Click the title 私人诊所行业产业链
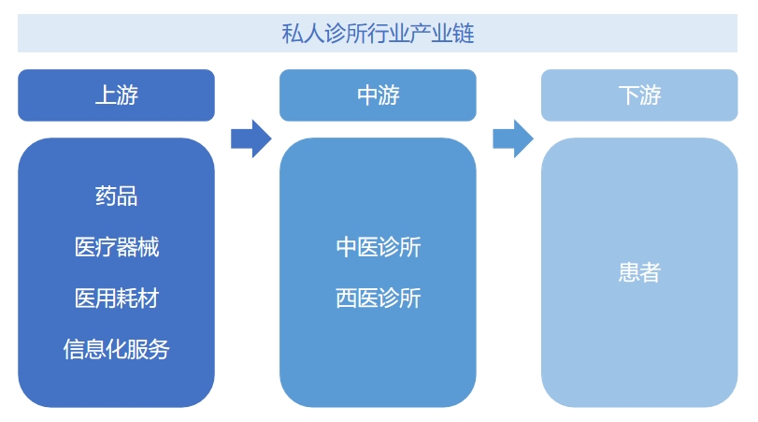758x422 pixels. click(378, 35)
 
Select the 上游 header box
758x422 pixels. click(116, 95)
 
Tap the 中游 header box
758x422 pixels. click(378, 95)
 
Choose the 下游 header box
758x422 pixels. click(639, 95)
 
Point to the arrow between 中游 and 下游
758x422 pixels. click(512, 138)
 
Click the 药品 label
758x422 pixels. click(116, 196)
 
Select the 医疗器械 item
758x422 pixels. click(116, 248)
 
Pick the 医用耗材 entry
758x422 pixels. click(116, 298)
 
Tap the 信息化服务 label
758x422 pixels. click(116, 350)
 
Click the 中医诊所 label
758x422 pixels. click(378, 248)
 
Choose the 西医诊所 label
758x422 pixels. click(378, 298)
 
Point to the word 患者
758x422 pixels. click(639, 272)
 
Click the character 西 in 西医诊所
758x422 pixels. click(347, 298)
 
